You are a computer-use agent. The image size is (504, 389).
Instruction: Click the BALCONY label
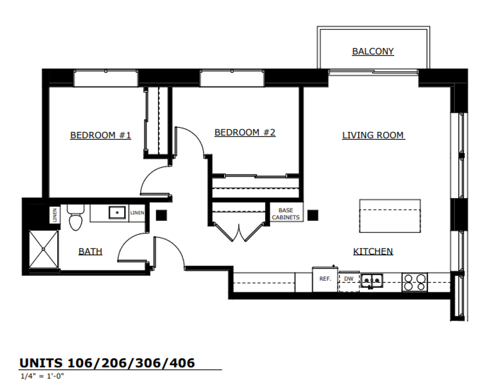373,51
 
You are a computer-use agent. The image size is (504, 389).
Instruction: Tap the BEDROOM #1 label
101,135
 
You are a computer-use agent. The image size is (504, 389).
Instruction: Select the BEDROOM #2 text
245,133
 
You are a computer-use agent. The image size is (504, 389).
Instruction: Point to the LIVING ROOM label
374,135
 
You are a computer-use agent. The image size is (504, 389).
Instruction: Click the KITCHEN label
373,251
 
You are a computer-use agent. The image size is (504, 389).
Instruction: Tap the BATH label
90,251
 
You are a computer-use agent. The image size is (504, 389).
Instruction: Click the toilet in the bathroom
76,218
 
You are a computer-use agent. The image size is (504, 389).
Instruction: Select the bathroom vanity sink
117,212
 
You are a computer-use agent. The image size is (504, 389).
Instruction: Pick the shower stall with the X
44,249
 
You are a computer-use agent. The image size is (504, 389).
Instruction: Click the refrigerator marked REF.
325,280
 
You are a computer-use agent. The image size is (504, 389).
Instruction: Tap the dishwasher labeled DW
349,282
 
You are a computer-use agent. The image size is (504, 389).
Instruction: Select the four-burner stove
415,283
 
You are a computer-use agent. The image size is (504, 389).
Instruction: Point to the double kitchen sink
371,281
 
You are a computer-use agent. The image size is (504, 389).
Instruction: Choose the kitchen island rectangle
390,216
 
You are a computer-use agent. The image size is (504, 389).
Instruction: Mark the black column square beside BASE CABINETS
313,215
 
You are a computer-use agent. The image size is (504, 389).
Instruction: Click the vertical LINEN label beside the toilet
55,215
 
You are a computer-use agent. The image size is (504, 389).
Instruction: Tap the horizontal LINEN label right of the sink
137,213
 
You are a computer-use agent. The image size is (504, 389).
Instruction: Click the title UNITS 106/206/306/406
107,363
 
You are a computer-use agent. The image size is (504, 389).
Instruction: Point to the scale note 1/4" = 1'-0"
42,376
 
